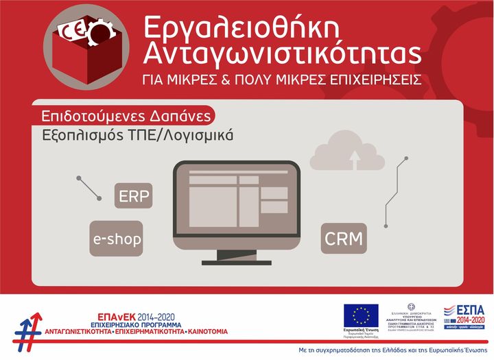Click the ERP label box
134,196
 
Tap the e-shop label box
117,239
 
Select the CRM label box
343,239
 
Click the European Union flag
361,315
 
